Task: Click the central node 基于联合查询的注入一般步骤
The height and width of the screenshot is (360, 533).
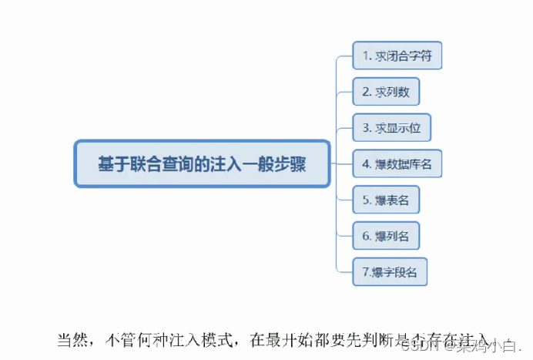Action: click(x=202, y=163)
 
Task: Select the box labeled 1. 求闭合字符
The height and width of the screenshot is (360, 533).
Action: click(x=397, y=56)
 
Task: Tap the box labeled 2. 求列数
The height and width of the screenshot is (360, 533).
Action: click(x=386, y=92)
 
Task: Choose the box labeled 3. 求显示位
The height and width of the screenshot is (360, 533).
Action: click(x=391, y=127)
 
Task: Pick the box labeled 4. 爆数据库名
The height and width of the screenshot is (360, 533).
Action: click(x=397, y=163)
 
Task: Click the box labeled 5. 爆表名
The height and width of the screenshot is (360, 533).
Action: click(x=386, y=200)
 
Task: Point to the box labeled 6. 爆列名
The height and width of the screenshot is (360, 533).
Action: click(x=386, y=236)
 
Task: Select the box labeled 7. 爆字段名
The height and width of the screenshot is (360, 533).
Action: click(x=389, y=272)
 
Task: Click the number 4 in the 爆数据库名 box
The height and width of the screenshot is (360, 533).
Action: click(x=365, y=163)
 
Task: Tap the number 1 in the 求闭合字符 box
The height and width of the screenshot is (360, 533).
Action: click(x=365, y=56)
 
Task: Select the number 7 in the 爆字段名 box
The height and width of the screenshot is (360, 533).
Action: click(x=365, y=272)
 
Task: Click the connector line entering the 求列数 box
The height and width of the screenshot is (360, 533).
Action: click(x=345, y=92)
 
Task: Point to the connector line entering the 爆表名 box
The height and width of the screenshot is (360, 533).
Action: click(x=345, y=200)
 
